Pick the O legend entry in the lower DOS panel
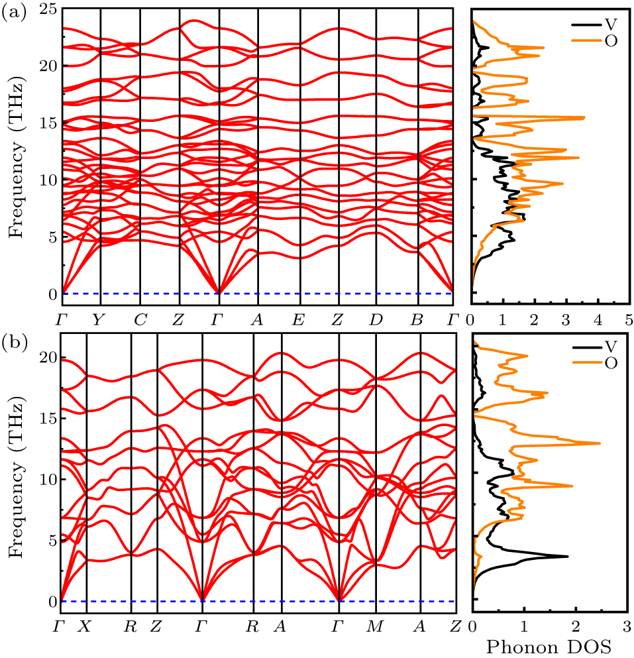[609, 362]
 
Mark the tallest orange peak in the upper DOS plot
[583, 117]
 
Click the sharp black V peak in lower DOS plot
[566, 556]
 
